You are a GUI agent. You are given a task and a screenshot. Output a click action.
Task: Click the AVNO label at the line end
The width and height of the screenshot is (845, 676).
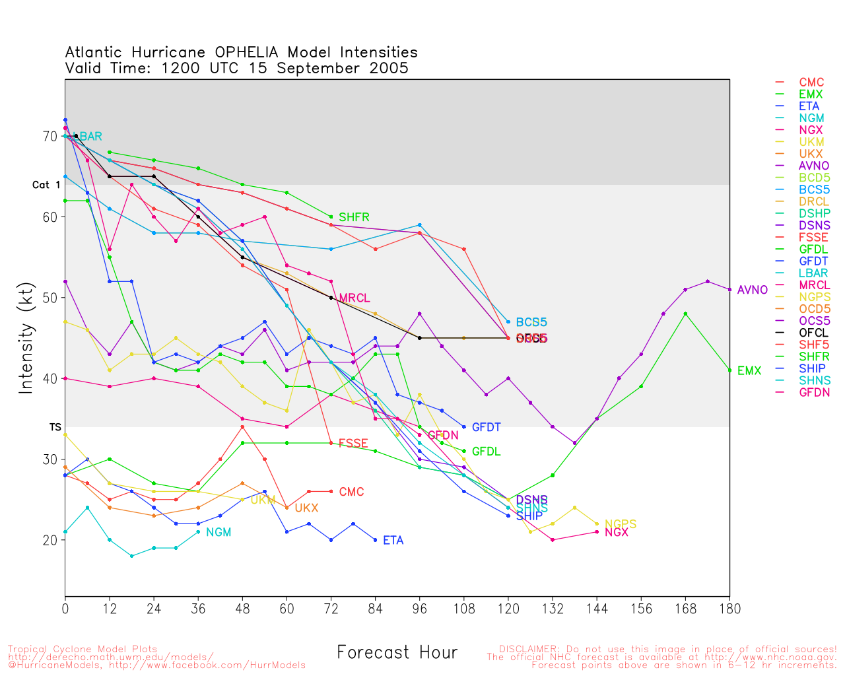(x=752, y=290)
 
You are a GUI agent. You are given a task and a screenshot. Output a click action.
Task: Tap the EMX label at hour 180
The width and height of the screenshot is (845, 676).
(x=749, y=371)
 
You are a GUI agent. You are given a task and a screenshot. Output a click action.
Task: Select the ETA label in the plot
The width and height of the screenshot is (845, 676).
(x=393, y=541)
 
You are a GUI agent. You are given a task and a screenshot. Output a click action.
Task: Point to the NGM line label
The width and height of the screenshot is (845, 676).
(x=219, y=533)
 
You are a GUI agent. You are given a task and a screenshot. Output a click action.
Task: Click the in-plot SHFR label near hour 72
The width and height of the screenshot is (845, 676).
(x=354, y=217)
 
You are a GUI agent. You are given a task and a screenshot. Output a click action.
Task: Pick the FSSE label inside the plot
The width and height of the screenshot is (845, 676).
(x=353, y=444)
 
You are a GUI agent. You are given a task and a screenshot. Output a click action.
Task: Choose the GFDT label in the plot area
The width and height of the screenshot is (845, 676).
(x=486, y=428)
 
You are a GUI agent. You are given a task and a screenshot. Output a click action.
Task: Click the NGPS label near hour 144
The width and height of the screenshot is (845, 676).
(x=621, y=524)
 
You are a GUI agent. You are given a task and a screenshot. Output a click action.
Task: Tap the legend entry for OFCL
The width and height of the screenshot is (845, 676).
(x=813, y=333)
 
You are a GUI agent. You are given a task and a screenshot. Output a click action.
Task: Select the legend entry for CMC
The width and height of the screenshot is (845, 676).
(x=811, y=83)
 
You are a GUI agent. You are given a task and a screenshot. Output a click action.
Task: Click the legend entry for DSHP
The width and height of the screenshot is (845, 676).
(x=814, y=214)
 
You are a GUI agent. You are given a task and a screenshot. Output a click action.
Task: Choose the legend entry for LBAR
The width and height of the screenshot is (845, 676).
(x=813, y=273)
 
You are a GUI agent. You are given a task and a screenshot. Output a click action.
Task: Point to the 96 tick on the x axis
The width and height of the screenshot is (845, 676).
(x=419, y=609)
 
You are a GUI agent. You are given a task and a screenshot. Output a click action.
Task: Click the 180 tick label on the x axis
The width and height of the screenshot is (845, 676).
(x=729, y=609)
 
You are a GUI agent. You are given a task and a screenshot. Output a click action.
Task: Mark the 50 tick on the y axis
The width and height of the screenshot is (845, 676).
(x=50, y=298)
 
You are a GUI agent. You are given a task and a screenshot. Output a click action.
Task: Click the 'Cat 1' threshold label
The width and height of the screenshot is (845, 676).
(x=46, y=186)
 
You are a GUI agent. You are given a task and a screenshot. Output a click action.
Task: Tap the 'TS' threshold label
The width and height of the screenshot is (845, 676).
(x=55, y=428)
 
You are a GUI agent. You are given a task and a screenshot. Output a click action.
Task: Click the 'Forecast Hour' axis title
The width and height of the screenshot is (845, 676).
(x=397, y=653)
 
